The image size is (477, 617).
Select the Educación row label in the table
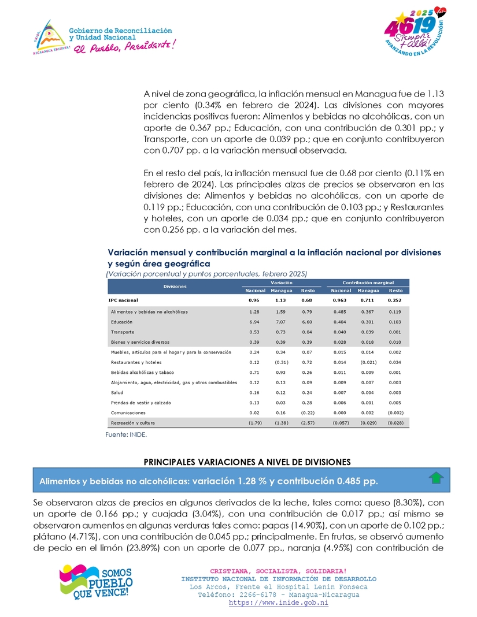click(121, 322)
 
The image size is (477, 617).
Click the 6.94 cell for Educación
click(253, 322)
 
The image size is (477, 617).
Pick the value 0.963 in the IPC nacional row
click(340, 300)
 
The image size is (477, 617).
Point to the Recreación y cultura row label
click(132, 423)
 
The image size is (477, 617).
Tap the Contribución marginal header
click(368, 283)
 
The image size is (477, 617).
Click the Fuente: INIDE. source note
click(126, 435)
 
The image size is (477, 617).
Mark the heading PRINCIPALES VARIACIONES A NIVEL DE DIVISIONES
click(247, 462)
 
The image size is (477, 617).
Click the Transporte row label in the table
click(122, 332)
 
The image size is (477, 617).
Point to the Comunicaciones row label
click(128, 413)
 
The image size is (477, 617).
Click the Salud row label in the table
click(117, 393)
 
